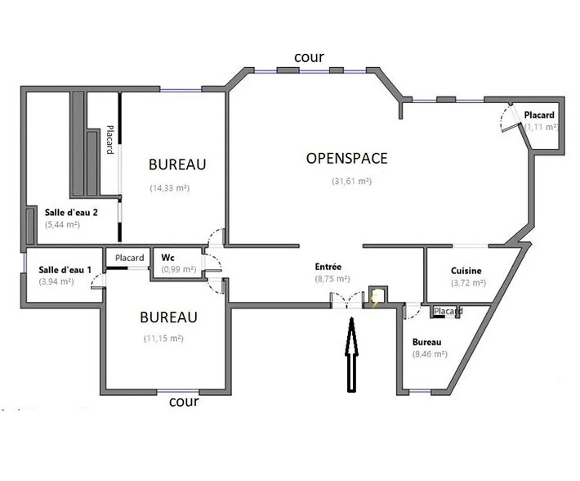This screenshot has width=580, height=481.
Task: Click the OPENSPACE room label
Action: click(346, 158)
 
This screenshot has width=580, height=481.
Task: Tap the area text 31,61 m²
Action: click(351, 182)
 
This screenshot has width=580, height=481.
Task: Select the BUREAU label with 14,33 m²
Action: click(177, 164)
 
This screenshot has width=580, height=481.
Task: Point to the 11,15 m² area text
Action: click(163, 338)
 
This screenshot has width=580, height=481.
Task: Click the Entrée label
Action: click(328, 267)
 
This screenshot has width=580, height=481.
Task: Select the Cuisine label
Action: click(466, 271)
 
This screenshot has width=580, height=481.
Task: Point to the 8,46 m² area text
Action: click(430, 354)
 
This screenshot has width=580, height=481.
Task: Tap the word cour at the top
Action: click(310, 57)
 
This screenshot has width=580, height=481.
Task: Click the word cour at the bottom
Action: click(184, 402)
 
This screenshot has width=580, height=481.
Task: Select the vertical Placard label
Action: click(109, 140)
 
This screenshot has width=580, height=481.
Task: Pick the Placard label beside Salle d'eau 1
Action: click(129, 258)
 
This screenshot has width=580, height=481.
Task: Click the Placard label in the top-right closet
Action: click(541, 115)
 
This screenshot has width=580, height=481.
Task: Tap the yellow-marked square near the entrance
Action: click(377, 296)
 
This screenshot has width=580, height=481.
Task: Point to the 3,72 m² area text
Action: click(468, 283)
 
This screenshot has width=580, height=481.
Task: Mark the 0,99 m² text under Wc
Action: click(177, 269)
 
